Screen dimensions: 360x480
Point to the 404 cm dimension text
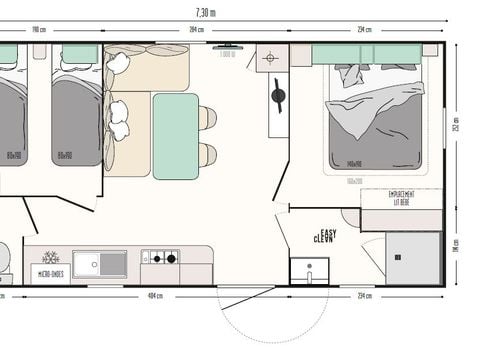[155, 296]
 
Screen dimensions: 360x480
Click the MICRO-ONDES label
[48, 272]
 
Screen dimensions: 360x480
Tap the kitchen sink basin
[100, 264]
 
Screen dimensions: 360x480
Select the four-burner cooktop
[160, 258]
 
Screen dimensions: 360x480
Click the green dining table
[175, 135]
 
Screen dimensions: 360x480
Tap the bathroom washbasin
[309, 270]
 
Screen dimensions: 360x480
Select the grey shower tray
[413, 259]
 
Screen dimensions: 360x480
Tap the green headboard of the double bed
[365, 53]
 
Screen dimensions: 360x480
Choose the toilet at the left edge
[4, 258]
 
